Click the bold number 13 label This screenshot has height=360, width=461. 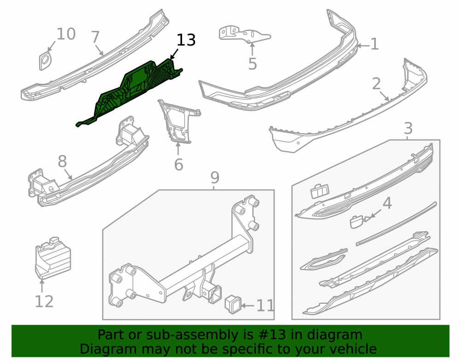point(186,40)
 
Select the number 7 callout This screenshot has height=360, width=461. point(96,37)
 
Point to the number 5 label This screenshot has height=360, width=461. point(253,64)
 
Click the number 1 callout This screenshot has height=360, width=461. point(374,44)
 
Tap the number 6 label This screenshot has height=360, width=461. point(179,165)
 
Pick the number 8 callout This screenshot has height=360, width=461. point(62,161)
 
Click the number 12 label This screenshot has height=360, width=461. point(44,301)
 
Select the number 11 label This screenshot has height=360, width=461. point(266,306)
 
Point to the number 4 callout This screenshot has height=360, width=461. point(387,203)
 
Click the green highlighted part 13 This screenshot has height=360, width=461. point(130,92)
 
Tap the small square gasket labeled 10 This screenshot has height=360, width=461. point(45,61)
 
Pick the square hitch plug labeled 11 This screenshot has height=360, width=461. point(233,304)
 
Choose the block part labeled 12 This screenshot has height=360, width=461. point(53,258)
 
